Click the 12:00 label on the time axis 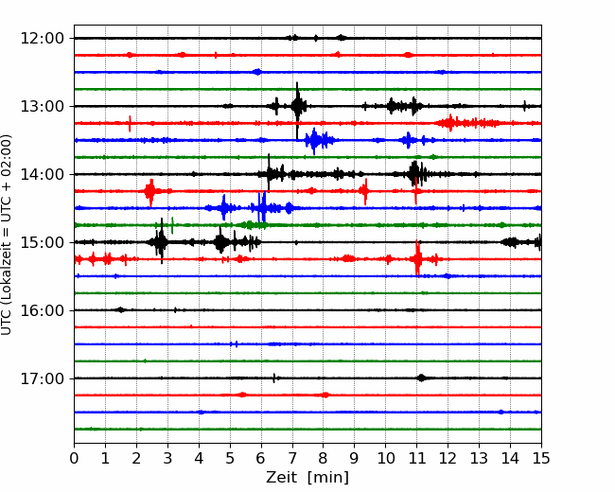pyautogui.click(x=42, y=39)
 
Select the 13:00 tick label pyautogui.click(x=42, y=106)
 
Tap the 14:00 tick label pyautogui.click(x=42, y=174)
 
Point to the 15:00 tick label pyautogui.click(x=42, y=242)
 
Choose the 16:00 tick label pyautogui.click(x=42, y=310)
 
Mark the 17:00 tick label pyautogui.click(x=42, y=378)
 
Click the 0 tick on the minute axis pyautogui.click(x=74, y=458)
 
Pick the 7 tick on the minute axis pyautogui.click(x=292, y=458)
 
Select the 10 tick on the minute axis pyautogui.click(x=385, y=458)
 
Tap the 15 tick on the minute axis pyautogui.click(x=541, y=458)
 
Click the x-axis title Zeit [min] pyautogui.click(x=307, y=478)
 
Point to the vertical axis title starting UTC pyautogui.click(x=7, y=235)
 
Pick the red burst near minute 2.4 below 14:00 pyautogui.click(x=150, y=192)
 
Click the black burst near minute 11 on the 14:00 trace pyautogui.click(x=415, y=173)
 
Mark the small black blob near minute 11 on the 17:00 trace pyautogui.click(x=421, y=378)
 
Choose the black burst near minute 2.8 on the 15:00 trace pyautogui.click(x=161, y=241)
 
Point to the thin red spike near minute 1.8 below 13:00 pyautogui.click(x=130, y=124)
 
